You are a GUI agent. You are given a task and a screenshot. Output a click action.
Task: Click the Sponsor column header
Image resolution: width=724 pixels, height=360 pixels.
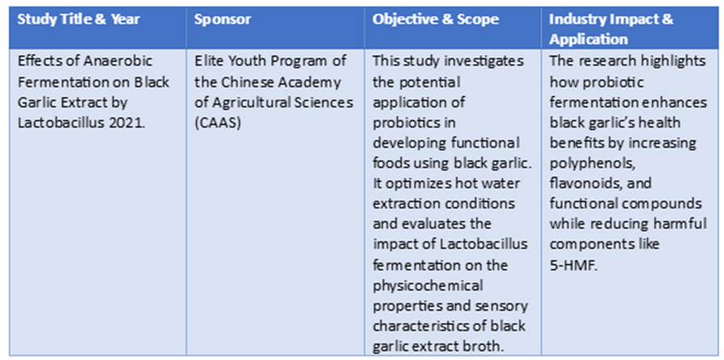coord(222,19)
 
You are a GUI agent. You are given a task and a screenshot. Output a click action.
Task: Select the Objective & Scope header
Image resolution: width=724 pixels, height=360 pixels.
coord(435,19)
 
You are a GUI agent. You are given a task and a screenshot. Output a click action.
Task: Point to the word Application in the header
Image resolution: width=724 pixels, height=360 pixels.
coord(589,39)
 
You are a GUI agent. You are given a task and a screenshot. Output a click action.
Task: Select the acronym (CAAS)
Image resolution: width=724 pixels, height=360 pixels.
coord(218,123)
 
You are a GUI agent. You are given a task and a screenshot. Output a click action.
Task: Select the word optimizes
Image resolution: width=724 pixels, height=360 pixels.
coord(415,184)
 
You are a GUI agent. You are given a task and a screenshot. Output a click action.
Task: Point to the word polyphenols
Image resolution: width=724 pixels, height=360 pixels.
coord(583,163)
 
